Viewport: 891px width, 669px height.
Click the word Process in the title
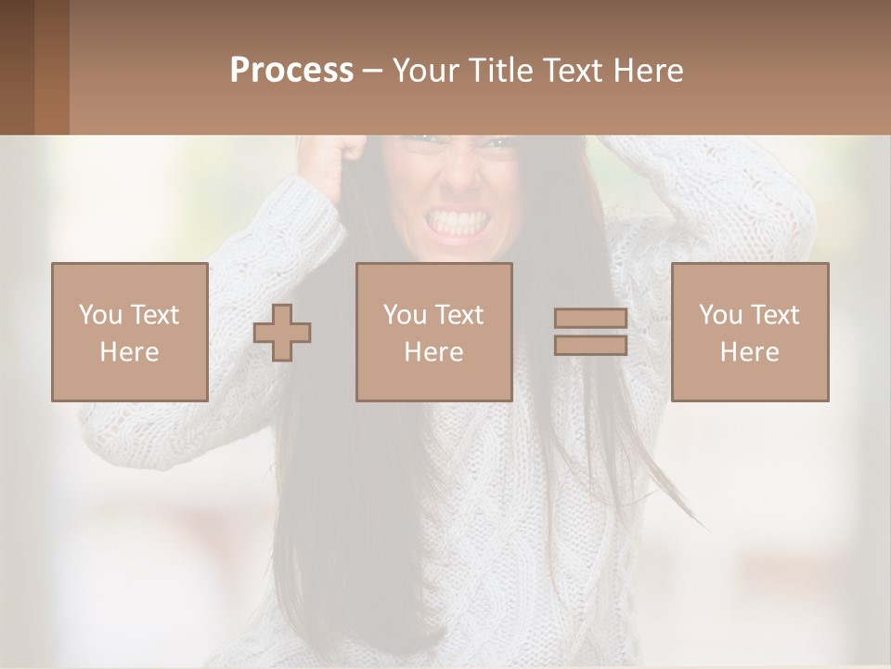click(291, 70)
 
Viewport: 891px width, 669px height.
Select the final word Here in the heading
click(647, 70)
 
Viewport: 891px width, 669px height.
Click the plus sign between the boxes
click(282, 333)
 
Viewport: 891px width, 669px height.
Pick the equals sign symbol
click(590, 332)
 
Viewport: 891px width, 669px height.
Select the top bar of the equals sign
click(590, 319)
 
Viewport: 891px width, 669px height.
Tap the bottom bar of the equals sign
click(590, 345)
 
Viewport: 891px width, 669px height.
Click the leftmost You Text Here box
click(130, 332)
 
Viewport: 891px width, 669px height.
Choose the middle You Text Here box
click(433, 332)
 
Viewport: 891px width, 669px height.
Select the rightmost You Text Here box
click(750, 332)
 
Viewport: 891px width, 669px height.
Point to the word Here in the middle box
click(433, 351)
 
